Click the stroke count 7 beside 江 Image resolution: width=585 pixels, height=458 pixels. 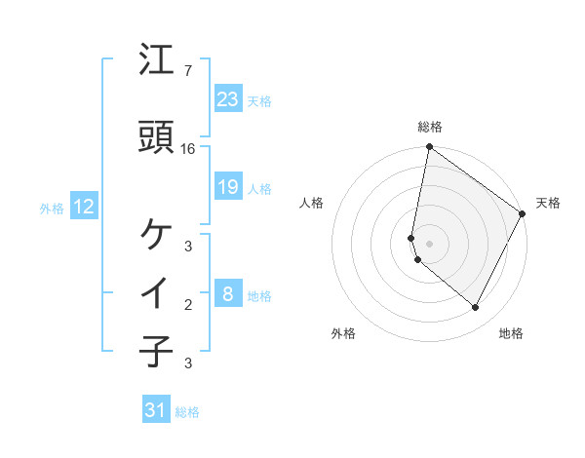[188, 71]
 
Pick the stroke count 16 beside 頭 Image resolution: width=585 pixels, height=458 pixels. [188, 149]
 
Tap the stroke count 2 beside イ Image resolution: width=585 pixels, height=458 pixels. [188, 305]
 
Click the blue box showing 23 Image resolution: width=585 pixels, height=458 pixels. [228, 99]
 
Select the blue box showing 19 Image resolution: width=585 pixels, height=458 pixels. [228, 187]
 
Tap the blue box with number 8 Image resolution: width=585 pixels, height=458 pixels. [228, 293]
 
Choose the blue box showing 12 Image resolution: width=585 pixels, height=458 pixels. [84, 207]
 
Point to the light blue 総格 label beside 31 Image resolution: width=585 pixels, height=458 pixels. [188, 412]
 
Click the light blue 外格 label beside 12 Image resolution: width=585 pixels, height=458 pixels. [52, 208]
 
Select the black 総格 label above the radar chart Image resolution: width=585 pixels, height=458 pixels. [430, 127]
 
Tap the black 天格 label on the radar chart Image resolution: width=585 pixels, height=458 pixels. [548, 203]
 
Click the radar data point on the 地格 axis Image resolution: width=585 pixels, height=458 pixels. [476, 308]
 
